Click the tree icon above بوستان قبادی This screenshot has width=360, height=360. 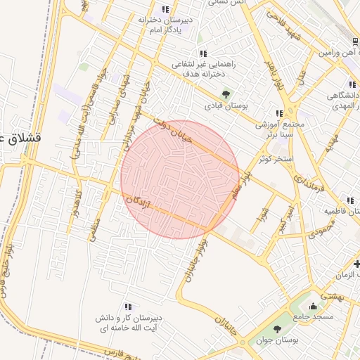[226, 93]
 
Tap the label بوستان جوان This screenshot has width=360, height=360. [296, 339]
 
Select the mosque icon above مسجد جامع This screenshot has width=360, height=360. [313, 306]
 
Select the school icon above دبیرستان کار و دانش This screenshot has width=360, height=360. [128, 307]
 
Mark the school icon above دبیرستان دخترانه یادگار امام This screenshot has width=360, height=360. [165, 9]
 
